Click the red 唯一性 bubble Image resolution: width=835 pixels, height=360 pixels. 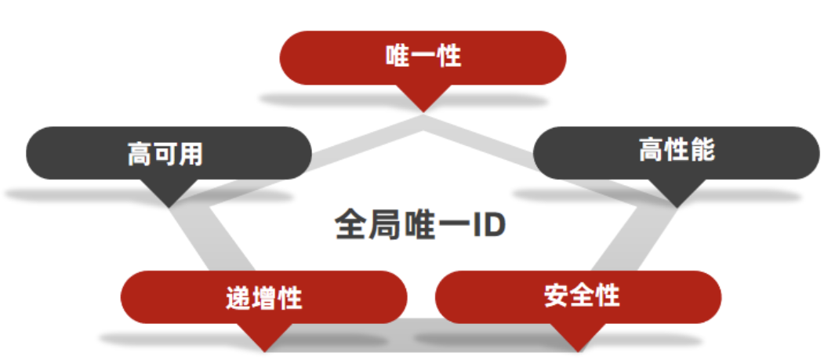coord(423,57)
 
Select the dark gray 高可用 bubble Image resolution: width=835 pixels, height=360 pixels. coord(169,153)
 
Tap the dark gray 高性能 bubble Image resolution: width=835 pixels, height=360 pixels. coord(676,152)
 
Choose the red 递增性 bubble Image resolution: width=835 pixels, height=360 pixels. coord(263,297)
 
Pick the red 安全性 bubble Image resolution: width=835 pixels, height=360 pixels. coord(578,296)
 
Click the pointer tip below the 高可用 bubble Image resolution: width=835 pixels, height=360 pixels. coord(169,205)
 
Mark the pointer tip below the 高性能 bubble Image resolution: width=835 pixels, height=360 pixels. coord(676,205)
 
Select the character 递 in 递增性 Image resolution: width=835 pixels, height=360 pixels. coord(238,298)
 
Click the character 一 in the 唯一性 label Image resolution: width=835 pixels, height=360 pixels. coord(423,56)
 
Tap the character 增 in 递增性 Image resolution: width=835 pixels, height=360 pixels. coord(263,298)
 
